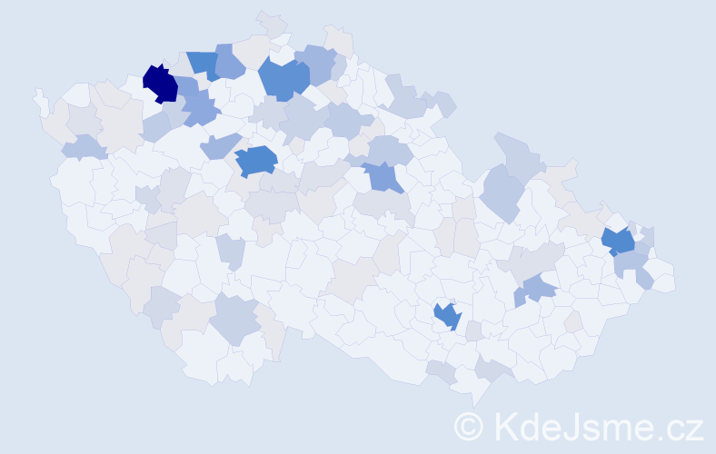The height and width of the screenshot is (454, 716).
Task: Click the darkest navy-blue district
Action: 161,84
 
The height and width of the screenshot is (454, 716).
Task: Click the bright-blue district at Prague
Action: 256,161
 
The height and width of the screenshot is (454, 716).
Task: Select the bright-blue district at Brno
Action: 447,315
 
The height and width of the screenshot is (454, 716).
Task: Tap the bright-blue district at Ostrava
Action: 619,242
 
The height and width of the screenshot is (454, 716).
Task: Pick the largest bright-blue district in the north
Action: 283,79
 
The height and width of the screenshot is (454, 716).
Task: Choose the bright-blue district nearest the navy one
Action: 204,64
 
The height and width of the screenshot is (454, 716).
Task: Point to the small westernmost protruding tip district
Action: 40,100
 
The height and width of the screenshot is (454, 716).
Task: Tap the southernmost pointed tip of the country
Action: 472,400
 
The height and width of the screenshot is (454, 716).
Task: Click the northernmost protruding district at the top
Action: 271,22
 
